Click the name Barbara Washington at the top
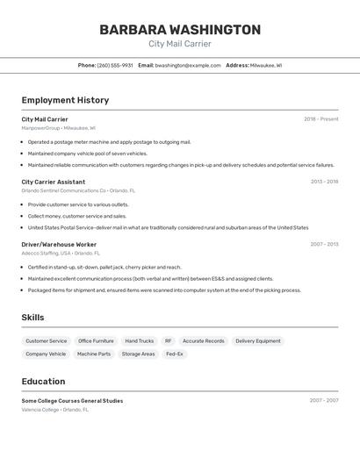coord(180,30)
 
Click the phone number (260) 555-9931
coord(115,65)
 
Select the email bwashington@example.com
coord(188,65)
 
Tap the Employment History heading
coord(65,100)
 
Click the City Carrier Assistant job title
coord(54,182)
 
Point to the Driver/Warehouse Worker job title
coord(59,244)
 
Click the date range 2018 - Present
coord(320,119)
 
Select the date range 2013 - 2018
coord(324,182)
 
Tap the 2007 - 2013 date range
coord(324,244)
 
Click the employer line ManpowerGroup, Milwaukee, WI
coord(61,128)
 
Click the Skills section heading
coord(32,318)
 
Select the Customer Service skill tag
coord(46,340)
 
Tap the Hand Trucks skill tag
coord(139,340)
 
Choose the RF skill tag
coord(168,340)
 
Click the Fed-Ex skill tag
coord(174,354)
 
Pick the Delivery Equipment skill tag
coord(257,340)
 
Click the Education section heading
coord(43,382)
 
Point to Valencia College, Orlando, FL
coord(55,409)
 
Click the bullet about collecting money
coord(76,216)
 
